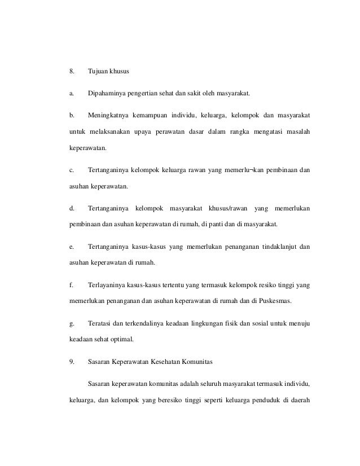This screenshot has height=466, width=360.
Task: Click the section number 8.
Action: click(x=71, y=72)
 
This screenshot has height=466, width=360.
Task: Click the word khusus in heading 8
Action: click(x=118, y=72)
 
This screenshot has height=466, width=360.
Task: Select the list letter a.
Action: click(x=71, y=93)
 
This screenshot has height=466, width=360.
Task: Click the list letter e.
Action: click(x=71, y=246)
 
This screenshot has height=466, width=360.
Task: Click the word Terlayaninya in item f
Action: click(x=107, y=284)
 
